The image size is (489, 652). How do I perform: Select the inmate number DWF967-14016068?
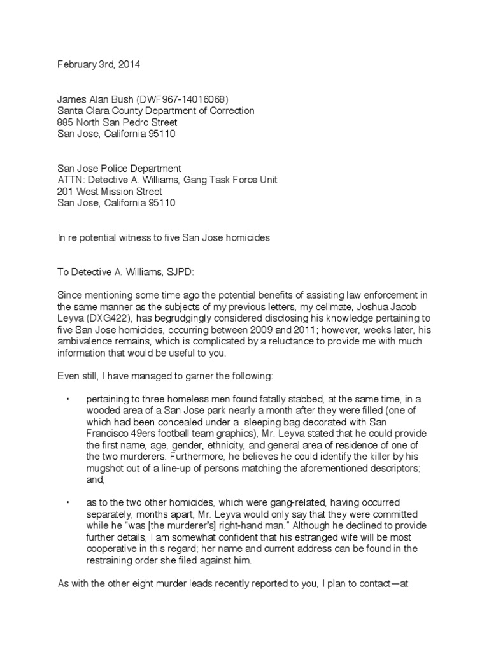(x=181, y=99)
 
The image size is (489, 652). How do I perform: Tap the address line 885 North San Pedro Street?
(x=117, y=122)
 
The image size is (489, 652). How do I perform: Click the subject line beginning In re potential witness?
(x=164, y=237)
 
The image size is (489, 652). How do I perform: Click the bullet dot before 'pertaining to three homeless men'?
(x=68, y=398)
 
